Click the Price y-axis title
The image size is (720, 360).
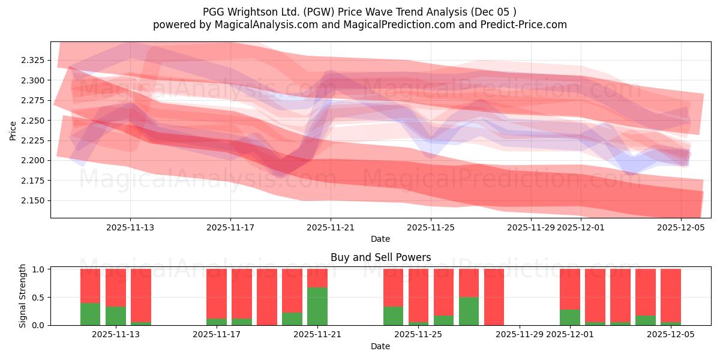click(x=13, y=130)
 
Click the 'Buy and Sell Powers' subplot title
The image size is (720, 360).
click(x=380, y=257)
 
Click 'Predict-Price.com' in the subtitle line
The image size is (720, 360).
click(x=526, y=25)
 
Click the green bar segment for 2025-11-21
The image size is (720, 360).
click(x=317, y=307)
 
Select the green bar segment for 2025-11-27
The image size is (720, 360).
click(x=469, y=311)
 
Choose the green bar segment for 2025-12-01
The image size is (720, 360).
click(x=569, y=317)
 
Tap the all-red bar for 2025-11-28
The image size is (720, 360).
click(x=494, y=297)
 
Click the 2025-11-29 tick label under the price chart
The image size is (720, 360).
click(x=530, y=227)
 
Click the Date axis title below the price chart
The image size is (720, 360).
click(x=380, y=239)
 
